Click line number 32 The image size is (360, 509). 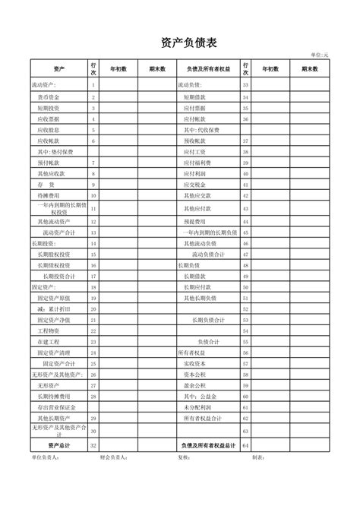tap(93, 445)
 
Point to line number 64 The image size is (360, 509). tap(245, 445)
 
